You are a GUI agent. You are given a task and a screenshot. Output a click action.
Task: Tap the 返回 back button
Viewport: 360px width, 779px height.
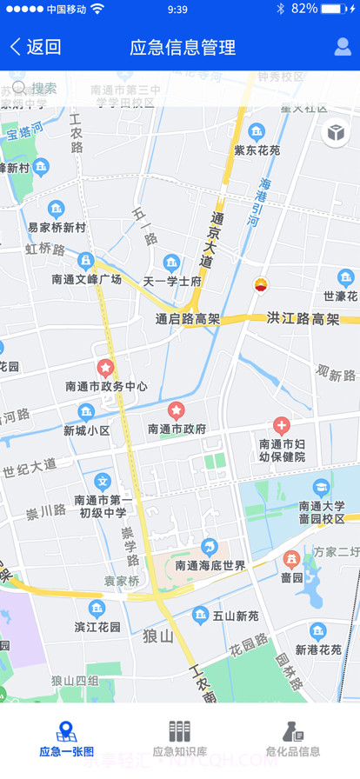36,48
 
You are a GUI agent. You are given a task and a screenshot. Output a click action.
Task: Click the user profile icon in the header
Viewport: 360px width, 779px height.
343,48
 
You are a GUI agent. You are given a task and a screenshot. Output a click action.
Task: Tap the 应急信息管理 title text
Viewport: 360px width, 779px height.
183,48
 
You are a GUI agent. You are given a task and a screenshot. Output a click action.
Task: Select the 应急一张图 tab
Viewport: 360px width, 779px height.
66,739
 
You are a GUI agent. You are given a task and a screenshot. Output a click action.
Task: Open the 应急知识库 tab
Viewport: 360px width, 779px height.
179,739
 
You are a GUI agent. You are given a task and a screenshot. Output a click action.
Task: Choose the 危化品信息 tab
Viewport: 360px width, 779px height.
293,739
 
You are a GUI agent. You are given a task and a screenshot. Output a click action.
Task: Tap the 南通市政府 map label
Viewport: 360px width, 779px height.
177,429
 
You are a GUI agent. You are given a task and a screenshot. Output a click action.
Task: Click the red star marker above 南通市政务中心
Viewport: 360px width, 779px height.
106,369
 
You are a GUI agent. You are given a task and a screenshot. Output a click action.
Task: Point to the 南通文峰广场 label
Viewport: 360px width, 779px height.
86,279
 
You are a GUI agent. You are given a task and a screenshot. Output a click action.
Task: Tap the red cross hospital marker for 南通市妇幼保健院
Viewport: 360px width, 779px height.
281,426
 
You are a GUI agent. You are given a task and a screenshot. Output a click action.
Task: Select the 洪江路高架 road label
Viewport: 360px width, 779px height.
303,318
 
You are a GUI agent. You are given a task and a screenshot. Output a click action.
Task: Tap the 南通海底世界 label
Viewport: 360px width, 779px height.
210,565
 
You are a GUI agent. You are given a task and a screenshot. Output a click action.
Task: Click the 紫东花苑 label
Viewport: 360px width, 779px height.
257,150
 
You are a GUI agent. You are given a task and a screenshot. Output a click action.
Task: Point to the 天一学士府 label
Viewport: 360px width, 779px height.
172,282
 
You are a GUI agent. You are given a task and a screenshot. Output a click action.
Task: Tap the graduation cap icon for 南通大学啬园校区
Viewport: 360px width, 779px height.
321,487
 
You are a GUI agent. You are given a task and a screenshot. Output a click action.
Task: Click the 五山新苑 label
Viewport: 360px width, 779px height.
236,616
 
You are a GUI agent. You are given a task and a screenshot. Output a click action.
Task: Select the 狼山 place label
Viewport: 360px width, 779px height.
159,636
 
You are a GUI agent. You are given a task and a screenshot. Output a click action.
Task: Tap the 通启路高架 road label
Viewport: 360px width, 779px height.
188,319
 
